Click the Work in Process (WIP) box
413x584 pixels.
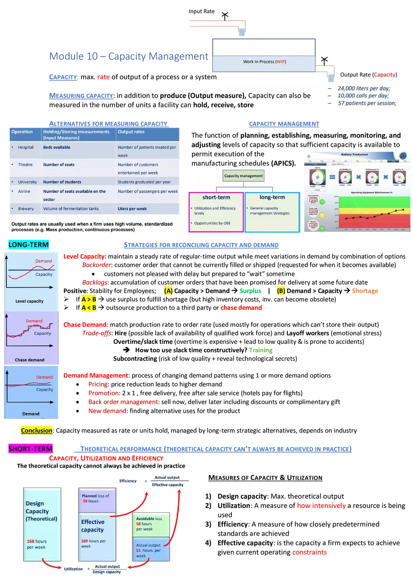(264, 62)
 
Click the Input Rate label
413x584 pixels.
(202, 11)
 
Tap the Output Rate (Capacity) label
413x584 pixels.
(368, 75)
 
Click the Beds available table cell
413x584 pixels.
(57, 147)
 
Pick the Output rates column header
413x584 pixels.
(131, 132)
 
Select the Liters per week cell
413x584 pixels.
(132, 209)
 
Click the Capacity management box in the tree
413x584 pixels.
(243, 175)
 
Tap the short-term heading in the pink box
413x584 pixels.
(216, 197)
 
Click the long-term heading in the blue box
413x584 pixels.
(272, 197)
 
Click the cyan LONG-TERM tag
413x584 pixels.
(28, 245)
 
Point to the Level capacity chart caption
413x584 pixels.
(30, 301)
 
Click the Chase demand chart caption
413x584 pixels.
(30, 360)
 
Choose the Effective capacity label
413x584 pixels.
(92, 526)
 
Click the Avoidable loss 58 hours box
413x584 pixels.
(151, 524)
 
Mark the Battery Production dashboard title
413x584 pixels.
(354, 154)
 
